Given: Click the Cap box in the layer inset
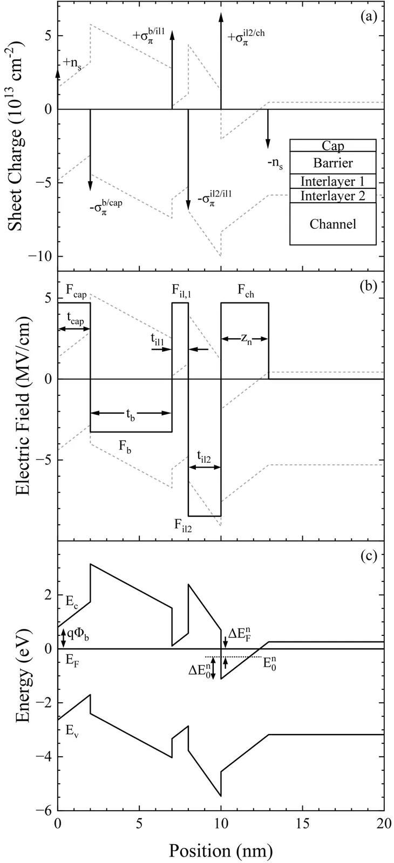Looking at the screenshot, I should [x=332, y=145].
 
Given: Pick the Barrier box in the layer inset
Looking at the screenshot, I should [x=332, y=162].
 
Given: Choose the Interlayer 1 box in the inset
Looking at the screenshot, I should [x=332, y=181].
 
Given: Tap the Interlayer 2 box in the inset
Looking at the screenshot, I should [x=332, y=195].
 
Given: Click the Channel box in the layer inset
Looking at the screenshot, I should [x=332, y=223].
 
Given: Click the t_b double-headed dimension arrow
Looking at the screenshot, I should [x=131, y=413].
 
